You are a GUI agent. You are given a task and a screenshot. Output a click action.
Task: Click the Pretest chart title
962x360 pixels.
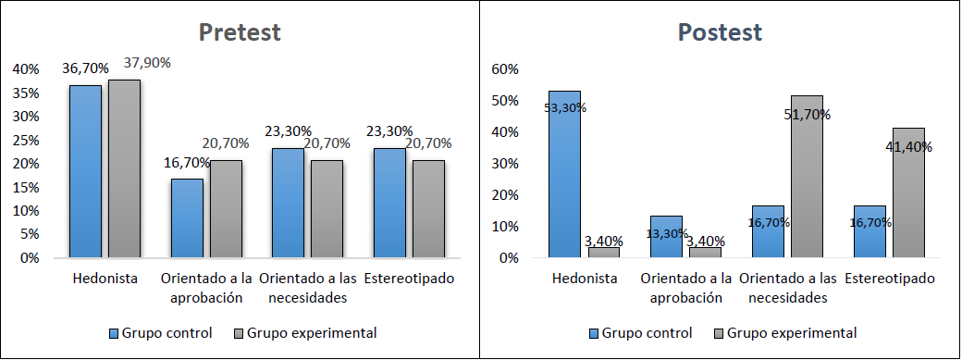(240, 32)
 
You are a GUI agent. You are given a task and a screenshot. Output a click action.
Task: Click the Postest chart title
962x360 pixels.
(720, 32)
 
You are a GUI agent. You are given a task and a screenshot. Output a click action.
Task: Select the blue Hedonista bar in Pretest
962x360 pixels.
(85, 171)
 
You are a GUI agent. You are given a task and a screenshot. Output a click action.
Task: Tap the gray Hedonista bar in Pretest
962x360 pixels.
(124, 168)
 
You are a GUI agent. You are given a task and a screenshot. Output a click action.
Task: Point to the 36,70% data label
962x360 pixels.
(85, 68)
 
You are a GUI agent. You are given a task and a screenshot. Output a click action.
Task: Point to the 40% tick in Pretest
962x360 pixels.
(25, 69)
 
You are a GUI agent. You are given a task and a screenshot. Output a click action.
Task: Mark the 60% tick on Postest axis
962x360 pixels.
(505, 69)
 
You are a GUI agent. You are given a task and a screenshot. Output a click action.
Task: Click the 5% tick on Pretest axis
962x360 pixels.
(29, 235)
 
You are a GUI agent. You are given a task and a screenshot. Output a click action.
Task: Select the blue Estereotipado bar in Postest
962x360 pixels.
(869, 231)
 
